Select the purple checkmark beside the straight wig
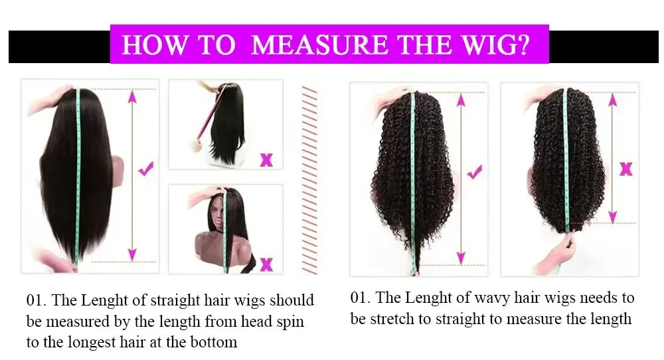click(x=147, y=169)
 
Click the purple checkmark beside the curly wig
click(x=474, y=173)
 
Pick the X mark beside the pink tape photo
click(x=266, y=159)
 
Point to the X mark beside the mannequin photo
click(x=266, y=264)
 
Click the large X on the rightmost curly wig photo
click(x=625, y=169)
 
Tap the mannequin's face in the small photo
click(x=211, y=226)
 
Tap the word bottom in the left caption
click(x=213, y=343)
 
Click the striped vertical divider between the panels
click(x=309, y=179)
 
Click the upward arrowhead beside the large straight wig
click(x=131, y=97)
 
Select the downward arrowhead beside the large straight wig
click(x=131, y=253)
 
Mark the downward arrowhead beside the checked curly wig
click(x=459, y=257)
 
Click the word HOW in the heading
click(x=151, y=45)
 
